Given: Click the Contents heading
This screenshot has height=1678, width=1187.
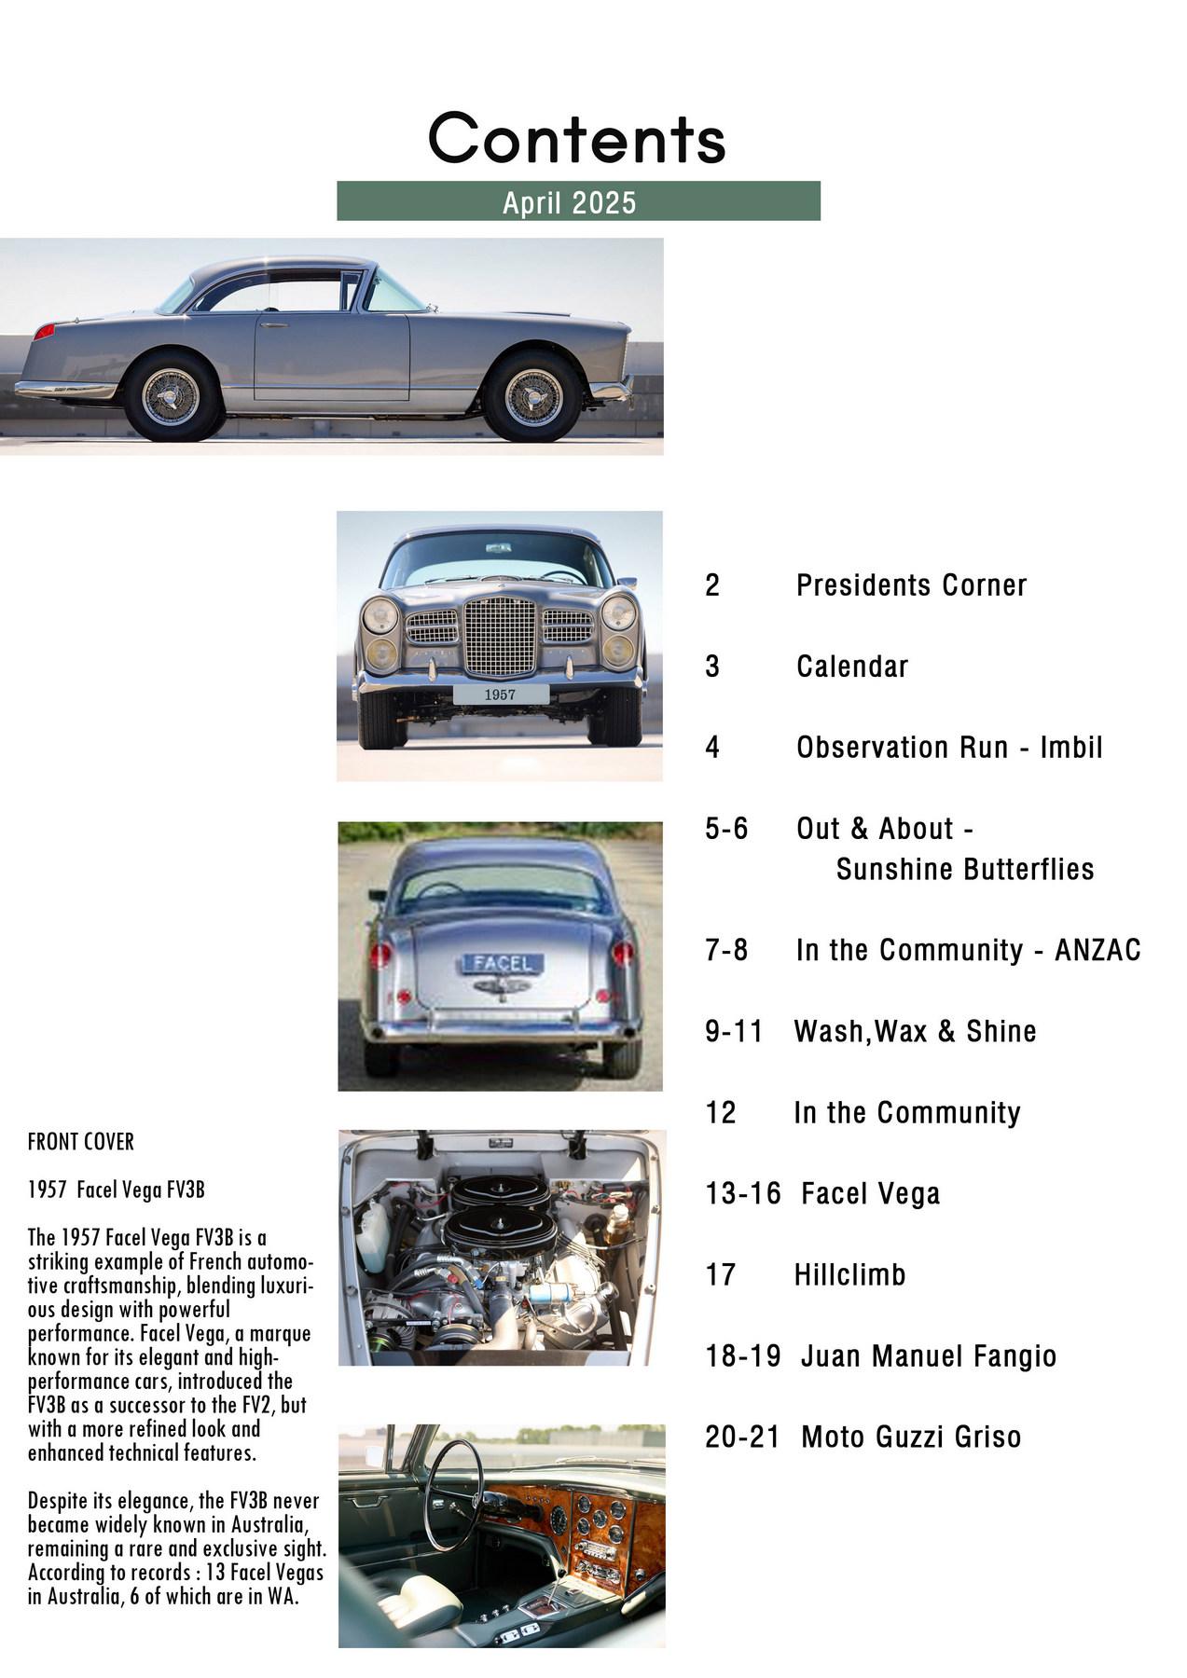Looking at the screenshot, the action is click(x=577, y=138).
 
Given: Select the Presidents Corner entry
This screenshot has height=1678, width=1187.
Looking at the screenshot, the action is click(x=911, y=585).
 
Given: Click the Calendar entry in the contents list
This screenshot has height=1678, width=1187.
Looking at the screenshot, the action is click(x=851, y=667).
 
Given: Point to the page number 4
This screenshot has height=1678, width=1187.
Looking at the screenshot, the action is click(x=712, y=748).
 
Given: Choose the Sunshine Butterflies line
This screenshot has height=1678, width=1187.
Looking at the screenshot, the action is click(x=964, y=869).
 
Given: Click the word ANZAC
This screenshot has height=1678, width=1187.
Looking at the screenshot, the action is click(x=1097, y=950).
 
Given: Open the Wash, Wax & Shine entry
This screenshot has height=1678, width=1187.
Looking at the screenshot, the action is click(x=915, y=1031).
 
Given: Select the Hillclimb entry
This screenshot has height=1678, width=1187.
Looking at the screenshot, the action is click(x=849, y=1274).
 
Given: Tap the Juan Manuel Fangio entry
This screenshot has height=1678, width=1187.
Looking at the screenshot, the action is click(x=928, y=1355).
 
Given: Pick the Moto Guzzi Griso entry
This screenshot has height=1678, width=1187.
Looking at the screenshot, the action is click(x=910, y=1437).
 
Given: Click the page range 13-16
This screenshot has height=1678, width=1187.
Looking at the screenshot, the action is click(x=742, y=1193).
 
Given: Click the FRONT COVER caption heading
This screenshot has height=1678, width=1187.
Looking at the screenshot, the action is click(x=81, y=1142).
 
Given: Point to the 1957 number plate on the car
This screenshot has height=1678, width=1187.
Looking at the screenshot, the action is click(x=500, y=695).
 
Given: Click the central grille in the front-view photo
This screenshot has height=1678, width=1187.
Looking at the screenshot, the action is click(x=500, y=637).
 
